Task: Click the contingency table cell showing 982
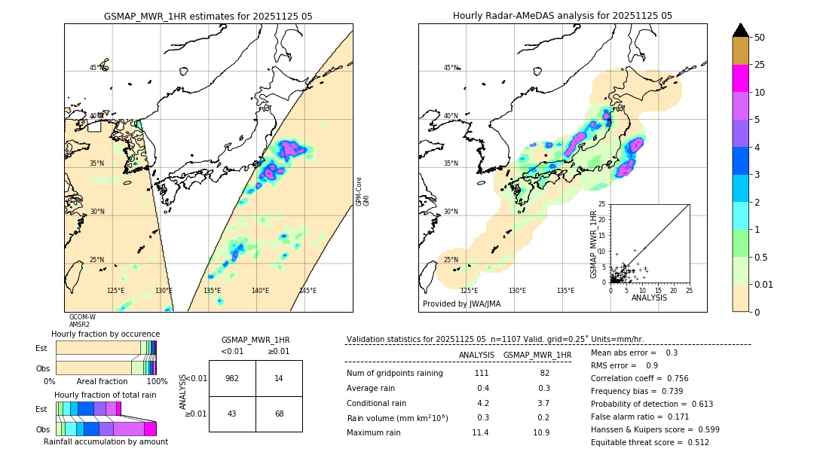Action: tap(232, 378)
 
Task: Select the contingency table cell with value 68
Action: tap(279, 414)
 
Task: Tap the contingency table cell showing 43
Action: tap(232, 414)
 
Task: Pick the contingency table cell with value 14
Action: tap(279, 378)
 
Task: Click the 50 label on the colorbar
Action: tap(760, 38)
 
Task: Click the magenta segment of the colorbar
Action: tap(740, 78)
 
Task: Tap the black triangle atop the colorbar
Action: tap(740, 30)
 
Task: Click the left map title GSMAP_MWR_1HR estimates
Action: tap(208, 16)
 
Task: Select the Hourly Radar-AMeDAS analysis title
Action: tap(562, 16)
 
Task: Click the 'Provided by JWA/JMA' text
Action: tap(461, 304)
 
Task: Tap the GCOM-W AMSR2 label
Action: tap(81, 321)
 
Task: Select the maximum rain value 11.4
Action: tap(480, 432)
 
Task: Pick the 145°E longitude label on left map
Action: tap(308, 291)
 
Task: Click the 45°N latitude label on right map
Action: tap(451, 68)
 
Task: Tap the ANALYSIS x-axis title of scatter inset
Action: tap(649, 298)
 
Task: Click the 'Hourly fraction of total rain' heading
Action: tap(106, 395)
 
